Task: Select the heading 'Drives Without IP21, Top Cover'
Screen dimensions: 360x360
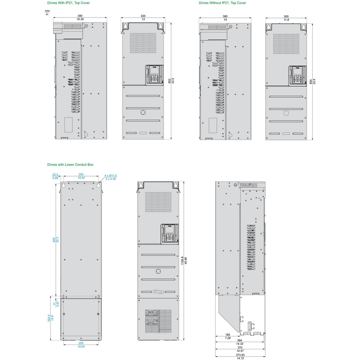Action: [x=223, y=3]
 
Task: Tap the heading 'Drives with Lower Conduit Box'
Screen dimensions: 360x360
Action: [x=70, y=164]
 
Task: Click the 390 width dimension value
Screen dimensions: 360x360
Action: [x=80, y=16]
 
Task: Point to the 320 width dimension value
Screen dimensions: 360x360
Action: [x=143, y=16]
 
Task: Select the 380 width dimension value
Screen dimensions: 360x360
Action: [x=225, y=16]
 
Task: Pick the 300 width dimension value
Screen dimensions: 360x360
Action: [x=286, y=16]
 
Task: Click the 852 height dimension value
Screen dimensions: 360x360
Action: [x=170, y=81]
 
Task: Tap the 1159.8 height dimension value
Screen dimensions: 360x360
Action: [x=182, y=261]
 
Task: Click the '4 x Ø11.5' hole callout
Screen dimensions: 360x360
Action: [x=110, y=175]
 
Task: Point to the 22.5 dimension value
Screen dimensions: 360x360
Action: [x=55, y=174]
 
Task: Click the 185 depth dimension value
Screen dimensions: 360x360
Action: [x=228, y=335]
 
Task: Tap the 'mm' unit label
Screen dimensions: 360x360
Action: [x=47, y=11]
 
